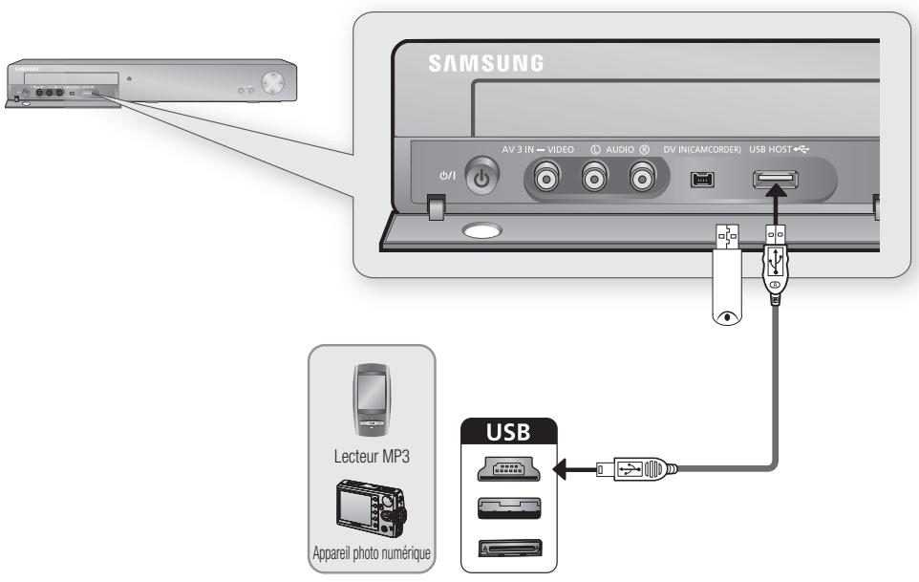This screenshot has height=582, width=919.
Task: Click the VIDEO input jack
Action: tap(548, 178)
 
